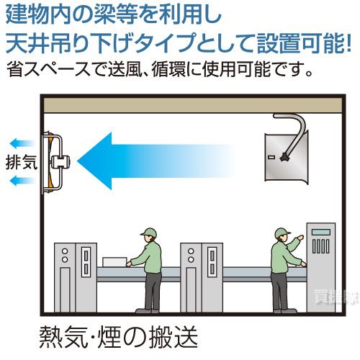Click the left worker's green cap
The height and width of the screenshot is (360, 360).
(x=149, y=233)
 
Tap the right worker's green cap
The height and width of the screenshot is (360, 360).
(x=281, y=233)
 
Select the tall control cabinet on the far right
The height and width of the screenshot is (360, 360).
(x=320, y=266)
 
